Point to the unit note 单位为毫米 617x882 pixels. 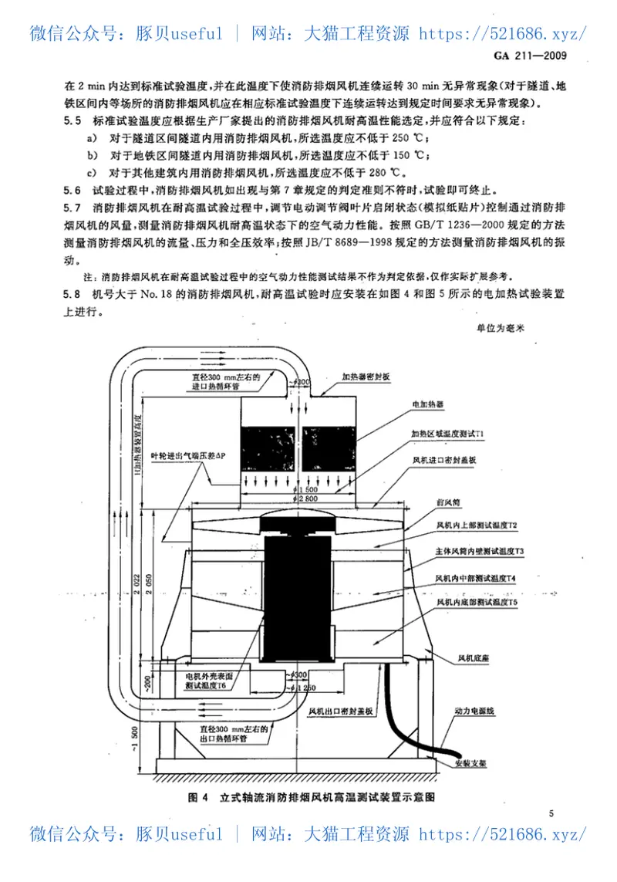[500, 328]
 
